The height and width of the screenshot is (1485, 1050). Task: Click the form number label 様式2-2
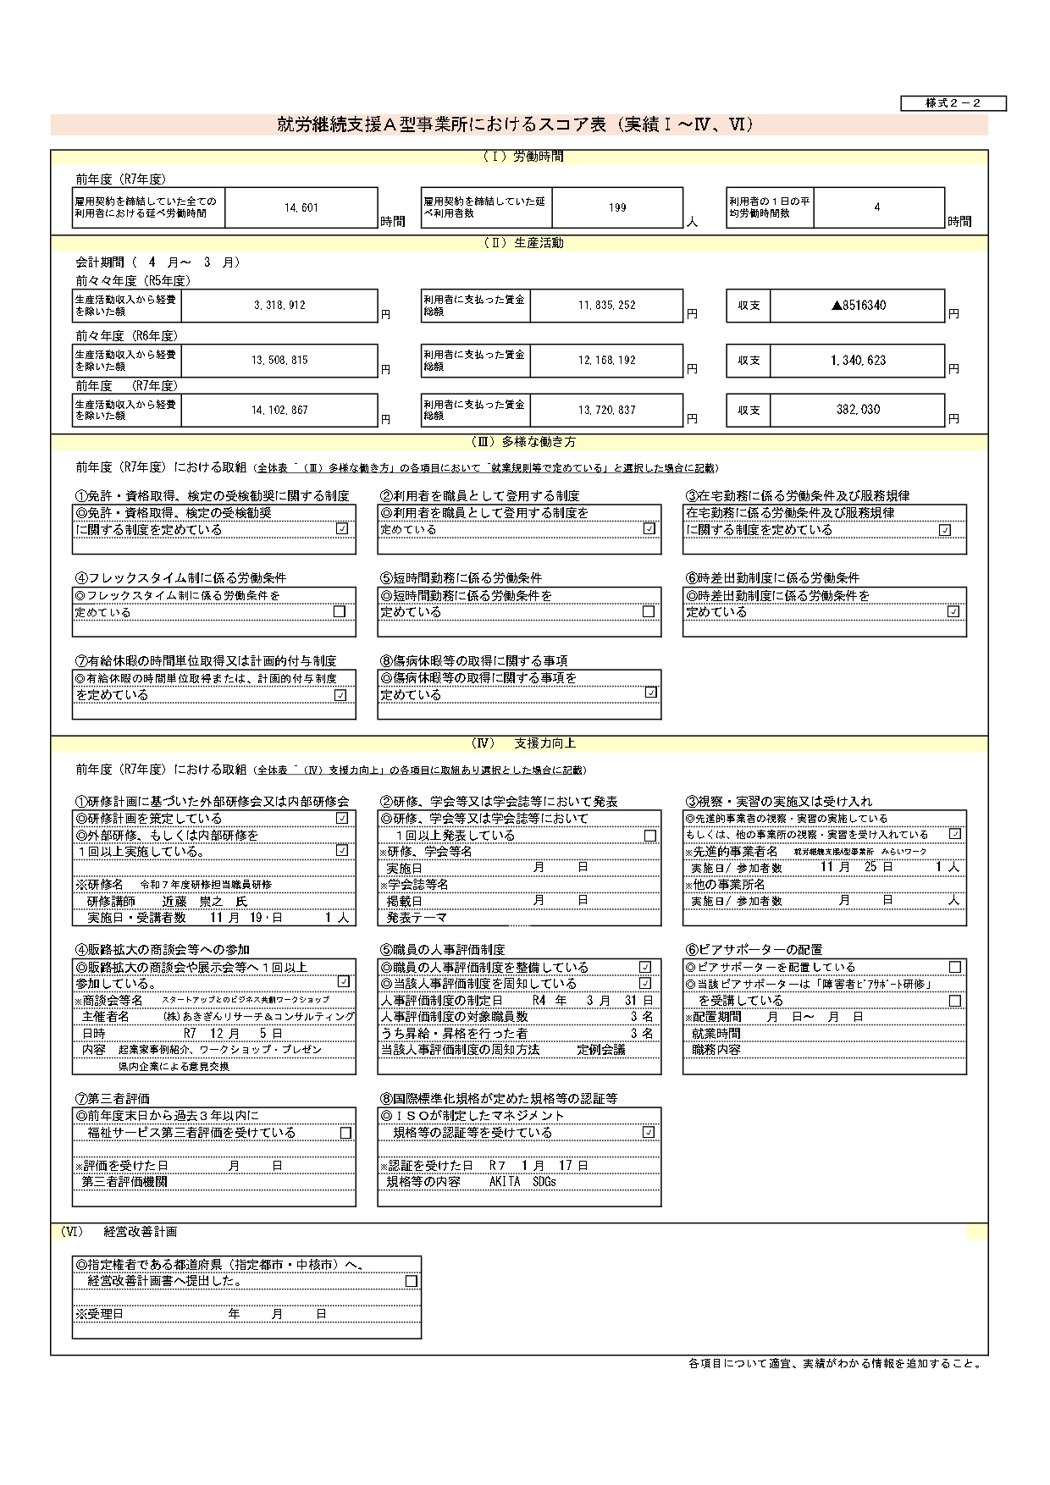pyautogui.click(x=953, y=103)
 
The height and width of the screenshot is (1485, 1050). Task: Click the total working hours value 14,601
pyautogui.click(x=301, y=207)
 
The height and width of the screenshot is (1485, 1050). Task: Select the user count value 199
pyautogui.click(x=617, y=207)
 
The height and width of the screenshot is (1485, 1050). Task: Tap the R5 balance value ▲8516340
pyautogui.click(x=859, y=305)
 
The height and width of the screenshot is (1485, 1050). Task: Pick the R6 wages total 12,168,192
pyautogui.click(x=607, y=360)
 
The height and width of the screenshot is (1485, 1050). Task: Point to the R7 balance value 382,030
pyautogui.click(x=858, y=410)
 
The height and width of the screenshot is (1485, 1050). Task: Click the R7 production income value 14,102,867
pyautogui.click(x=279, y=410)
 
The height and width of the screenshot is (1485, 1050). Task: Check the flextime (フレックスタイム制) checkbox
pyautogui.click(x=340, y=611)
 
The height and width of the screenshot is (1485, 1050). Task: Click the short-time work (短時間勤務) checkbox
pyautogui.click(x=649, y=611)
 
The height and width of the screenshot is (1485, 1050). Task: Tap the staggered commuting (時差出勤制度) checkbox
pyautogui.click(x=953, y=611)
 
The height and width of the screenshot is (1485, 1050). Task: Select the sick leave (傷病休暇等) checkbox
pyautogui.click(x=650, y=693)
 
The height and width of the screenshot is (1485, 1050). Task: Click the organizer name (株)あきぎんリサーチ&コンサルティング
pyautogui.click(x=259, y=1016)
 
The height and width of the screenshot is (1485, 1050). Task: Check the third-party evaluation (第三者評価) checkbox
pyautogui.click(x=345, y=1133)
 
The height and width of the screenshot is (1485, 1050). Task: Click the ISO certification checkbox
pyautogui.click(x=649, y=1132)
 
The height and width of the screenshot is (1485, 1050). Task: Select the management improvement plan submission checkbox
pyautogui.click(x=412, y=1281)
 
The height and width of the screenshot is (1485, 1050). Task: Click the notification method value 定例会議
pyautogui.click(x=601, y=1050)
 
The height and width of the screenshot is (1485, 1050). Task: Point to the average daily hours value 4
pyautogui.click(x=877, y=207)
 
